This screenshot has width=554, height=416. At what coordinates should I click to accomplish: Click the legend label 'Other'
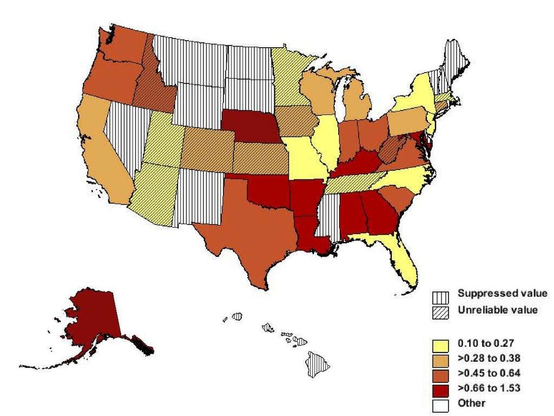coord(471,402)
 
